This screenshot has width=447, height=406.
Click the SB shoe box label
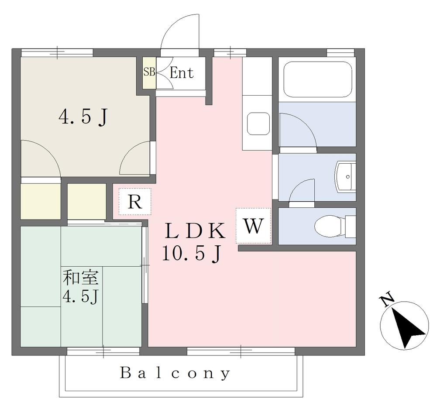tap(149, 72)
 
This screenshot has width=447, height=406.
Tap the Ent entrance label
tap(182, 73)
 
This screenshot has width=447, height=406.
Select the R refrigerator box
tap(135, 201)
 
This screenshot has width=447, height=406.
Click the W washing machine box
tap(253, 226)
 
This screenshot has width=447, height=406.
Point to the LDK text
tap(195, 231)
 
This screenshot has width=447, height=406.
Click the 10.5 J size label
tap(192, 254)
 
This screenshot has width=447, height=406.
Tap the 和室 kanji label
tap(81, 277)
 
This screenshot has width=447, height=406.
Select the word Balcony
tap(175, 373)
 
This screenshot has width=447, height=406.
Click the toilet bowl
tap(331, 227)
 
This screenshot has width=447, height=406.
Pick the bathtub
tap(318, 79)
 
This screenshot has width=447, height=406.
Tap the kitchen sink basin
tap(258, 124)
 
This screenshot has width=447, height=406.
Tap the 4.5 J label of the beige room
tap(83, 117)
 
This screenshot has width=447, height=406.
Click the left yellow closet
tap(41, 201)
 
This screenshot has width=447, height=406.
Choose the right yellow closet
tap(87, 201)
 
